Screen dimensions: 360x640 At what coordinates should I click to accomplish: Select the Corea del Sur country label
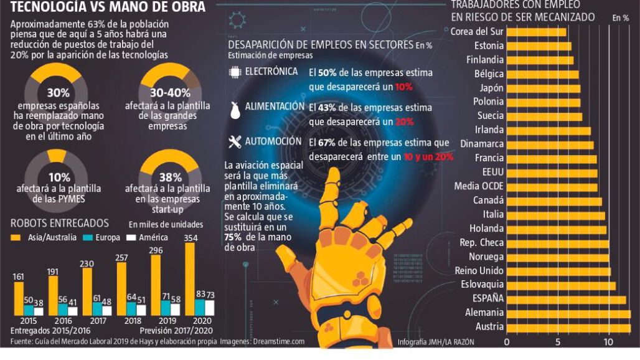pyautogui.click(x=477, y=32)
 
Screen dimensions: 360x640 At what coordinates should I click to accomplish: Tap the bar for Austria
pyautogui.click(x=568, y=328)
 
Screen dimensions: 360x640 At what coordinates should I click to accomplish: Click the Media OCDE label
pyautogui.click(x=479, y=186)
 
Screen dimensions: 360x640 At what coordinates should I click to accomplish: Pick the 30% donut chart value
pyautogui.click(x=58, y=92)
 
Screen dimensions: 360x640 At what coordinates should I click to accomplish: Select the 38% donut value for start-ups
pyautogui.click(x=170, y=177)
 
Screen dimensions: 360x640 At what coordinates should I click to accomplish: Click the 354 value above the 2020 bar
pyautogui.click(x=191, y=238)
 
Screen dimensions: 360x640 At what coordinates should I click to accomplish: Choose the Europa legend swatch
pyautogui.click(x=88, y=237)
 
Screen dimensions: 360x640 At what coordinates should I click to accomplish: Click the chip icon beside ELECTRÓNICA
pyautogui.click(x=235, y=72)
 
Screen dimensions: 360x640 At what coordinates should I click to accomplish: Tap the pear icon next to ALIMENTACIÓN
pyautogui.click(x=235, y=109)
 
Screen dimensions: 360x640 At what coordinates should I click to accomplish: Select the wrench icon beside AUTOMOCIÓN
pyautogui.click(x=235, y=143)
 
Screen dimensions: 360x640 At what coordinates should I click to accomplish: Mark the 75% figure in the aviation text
pyautogui.click(x=233, y=237)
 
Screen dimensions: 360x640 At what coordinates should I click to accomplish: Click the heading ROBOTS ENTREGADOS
pyautogui.click(x=60, y=223)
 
